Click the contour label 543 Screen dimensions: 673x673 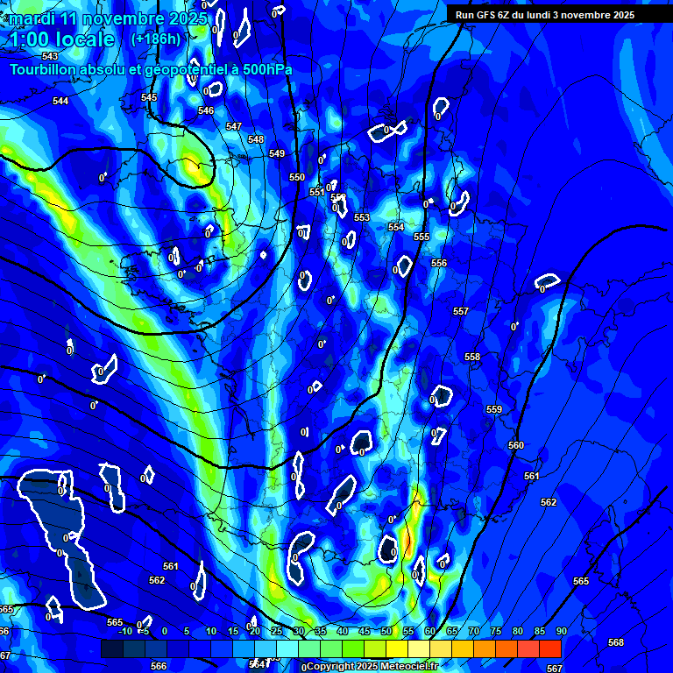pos(50,56)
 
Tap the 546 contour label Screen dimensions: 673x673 pos(206,110)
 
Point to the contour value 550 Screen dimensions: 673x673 pos(297,177)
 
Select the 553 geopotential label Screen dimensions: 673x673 pos(362,217)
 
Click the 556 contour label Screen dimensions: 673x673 pos(439,263)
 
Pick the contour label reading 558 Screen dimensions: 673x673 pos(472,357)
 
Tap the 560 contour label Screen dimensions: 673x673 pos(516,445)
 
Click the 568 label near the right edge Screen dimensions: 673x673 pos(616,642)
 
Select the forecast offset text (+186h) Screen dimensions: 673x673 pos(156,39)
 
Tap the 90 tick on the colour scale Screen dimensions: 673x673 pos(561,631)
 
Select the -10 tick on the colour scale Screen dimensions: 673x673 pos(125,631)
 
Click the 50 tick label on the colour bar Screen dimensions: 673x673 pos(386,631)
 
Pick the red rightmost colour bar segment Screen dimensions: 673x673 pos(549,648)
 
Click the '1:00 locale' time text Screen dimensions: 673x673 pos(61,39)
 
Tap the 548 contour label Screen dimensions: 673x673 pos(256,139)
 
